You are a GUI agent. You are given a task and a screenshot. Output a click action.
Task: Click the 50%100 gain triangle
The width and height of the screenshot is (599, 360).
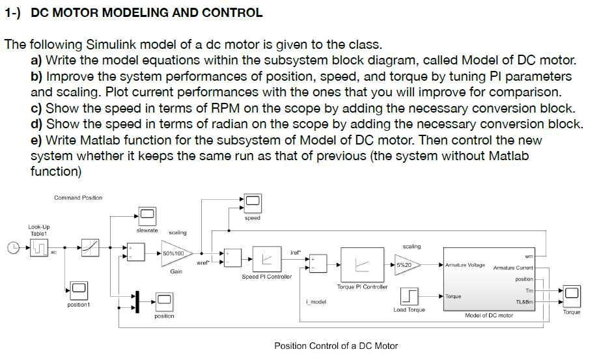[174, 253]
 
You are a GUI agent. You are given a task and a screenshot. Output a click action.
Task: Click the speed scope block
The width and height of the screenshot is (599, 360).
[252, 203]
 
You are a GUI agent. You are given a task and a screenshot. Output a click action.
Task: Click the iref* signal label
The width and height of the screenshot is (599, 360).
[296, 252]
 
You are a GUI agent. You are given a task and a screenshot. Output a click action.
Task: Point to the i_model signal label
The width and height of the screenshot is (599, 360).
[315, 301]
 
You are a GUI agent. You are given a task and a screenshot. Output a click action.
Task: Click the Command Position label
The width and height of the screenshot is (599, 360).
[77, 198]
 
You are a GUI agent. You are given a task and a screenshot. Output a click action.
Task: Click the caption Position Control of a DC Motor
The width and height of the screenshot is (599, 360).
[336, 345]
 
